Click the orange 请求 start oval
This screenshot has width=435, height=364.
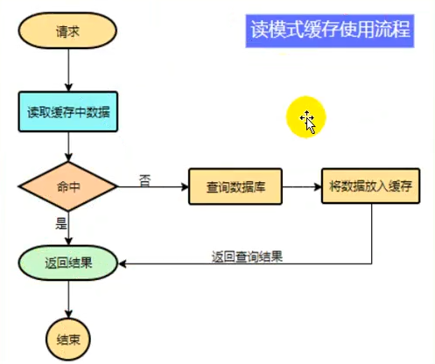[x=67, y=31]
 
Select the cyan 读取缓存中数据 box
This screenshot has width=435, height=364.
[x=68, y=112]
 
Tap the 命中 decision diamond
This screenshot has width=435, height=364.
[x=68, y=186]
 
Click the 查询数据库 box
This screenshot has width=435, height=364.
[x=235, y=186]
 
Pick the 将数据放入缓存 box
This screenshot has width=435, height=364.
[x=370, y=185]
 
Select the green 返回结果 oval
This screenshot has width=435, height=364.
[x=68, y=263]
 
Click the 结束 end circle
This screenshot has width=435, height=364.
[x=68, y=339]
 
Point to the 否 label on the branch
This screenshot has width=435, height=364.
[x=145, y=180]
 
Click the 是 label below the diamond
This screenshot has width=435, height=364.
[x=61, y=223]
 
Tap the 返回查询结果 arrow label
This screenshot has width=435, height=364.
[x=247, y=256]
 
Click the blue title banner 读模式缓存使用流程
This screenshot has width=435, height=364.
[x=330, y=31]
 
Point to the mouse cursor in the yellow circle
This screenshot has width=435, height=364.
[x=308, y=122]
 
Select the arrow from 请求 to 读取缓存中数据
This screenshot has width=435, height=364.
[x=68, y=70]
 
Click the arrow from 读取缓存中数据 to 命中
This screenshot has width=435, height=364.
[x=68, y=147]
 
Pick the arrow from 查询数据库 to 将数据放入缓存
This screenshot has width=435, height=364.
[x=302, y=186]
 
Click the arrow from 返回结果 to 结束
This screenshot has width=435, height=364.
[x=68, y=299]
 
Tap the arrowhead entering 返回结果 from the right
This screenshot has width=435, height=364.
[x=122, y=264]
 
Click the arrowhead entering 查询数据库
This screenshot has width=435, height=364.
[x=185, y=186]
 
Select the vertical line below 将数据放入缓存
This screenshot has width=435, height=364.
[x=372, y=234]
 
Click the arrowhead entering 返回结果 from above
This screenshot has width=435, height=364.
[x=68, y=241]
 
